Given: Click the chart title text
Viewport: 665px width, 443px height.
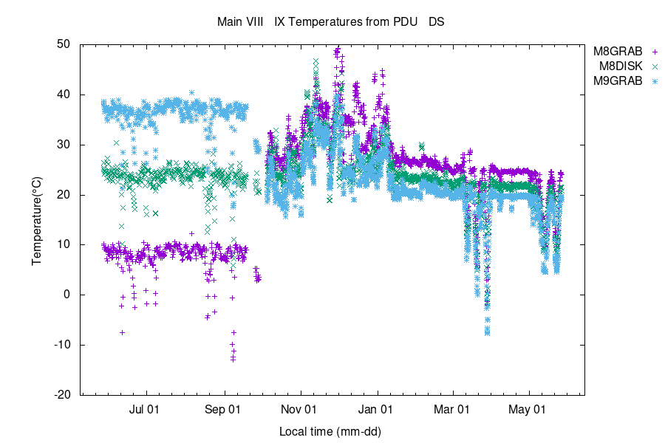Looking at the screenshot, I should point(330,22).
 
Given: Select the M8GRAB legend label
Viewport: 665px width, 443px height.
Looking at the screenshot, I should point(618,52).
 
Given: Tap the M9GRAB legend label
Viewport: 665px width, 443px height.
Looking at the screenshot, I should point(618,80).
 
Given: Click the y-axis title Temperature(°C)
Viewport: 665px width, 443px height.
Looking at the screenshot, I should point(36,219).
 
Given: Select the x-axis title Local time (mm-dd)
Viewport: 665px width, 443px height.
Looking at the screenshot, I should point(330,430).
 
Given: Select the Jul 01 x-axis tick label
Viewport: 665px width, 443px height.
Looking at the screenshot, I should point(145,408).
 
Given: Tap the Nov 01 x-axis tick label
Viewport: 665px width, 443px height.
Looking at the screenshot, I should point(300,408).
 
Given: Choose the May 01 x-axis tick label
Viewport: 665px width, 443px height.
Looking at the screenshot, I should point(529,408).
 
